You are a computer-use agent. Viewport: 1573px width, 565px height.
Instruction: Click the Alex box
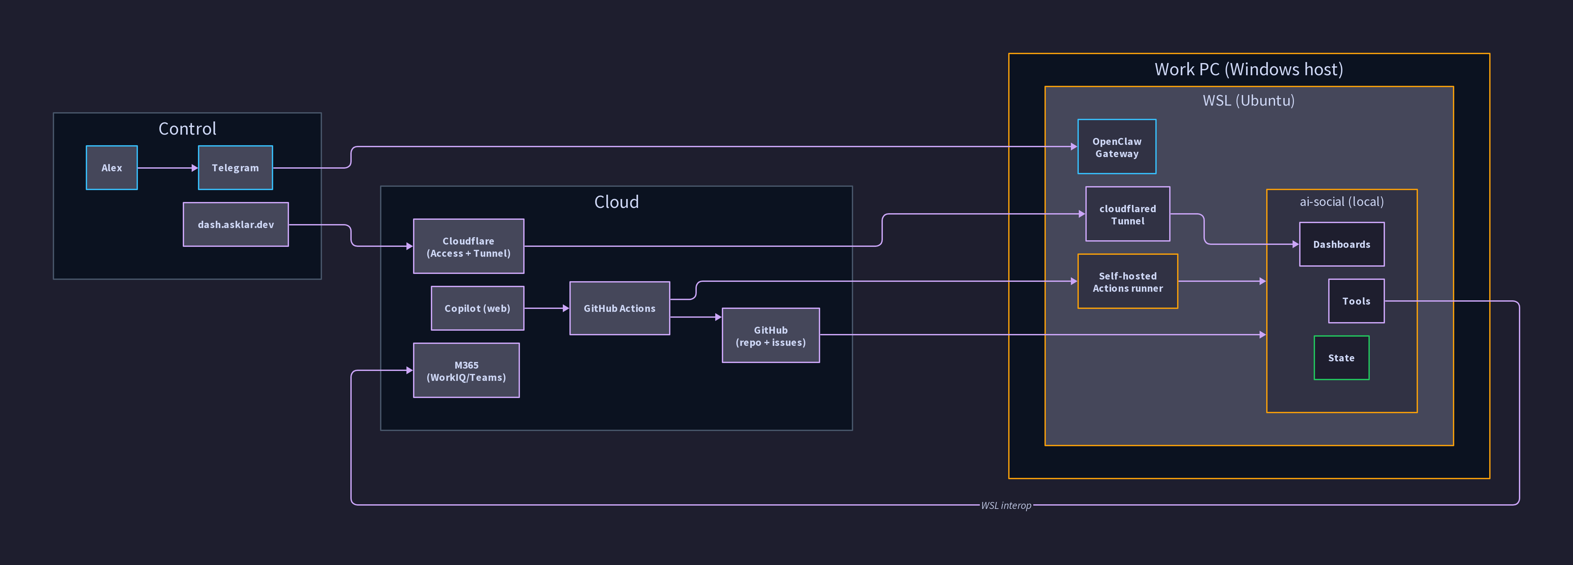112,167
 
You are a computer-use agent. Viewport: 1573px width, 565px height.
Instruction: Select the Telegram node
235,167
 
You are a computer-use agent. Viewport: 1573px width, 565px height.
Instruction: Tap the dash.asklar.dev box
236,224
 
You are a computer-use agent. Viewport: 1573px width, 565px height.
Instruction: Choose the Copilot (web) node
477,308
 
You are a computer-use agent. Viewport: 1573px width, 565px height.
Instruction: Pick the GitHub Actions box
619,308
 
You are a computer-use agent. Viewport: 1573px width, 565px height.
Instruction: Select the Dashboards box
1341,244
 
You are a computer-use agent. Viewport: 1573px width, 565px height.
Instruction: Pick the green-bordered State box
1341,357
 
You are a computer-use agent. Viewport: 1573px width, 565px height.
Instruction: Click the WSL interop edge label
1006,505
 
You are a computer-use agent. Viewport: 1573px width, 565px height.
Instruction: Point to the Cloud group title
616,202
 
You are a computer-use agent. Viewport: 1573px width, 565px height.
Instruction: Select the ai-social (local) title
1341,202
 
